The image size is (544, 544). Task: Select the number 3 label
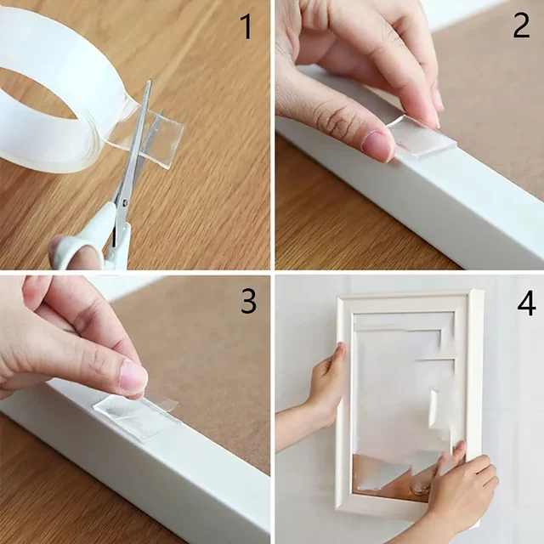247,300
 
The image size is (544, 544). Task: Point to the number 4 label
526,303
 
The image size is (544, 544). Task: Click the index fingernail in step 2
437,99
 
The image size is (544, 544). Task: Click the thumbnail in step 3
133,377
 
